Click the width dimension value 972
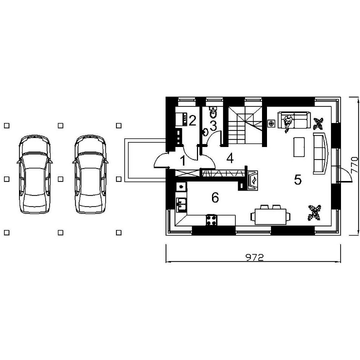(254, 257)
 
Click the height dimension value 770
(354, 164)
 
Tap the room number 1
(183, 160)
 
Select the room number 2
(192, 120)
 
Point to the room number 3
(213, 126)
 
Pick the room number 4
(230, 158)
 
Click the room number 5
(297, 179)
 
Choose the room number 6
(215, 197)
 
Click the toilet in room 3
(213, 111)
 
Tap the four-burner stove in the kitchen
(211, 220)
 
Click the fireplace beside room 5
(252, 180)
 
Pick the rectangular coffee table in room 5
(299, 147)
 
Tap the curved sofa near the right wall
(320, 153)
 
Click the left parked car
(34, 174)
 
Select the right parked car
(90, 174)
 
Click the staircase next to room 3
(245, 125)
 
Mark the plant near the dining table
(315, 212)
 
